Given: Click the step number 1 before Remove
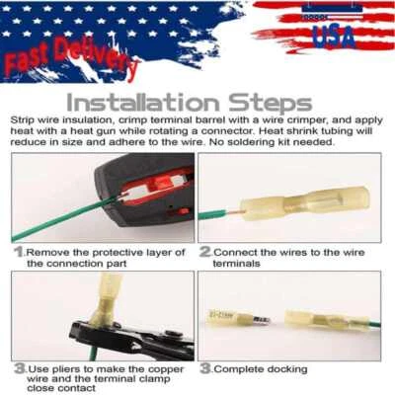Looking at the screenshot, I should coord(18,252).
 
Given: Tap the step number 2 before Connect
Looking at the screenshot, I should coord(205,252).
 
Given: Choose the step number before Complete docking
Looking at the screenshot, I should coord(205,368).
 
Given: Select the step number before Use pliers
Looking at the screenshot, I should coord(18,368).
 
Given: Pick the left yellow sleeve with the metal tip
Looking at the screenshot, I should coord(229,318).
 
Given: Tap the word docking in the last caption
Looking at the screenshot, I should coord(284,368).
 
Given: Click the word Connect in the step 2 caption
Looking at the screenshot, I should coord(237,252).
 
